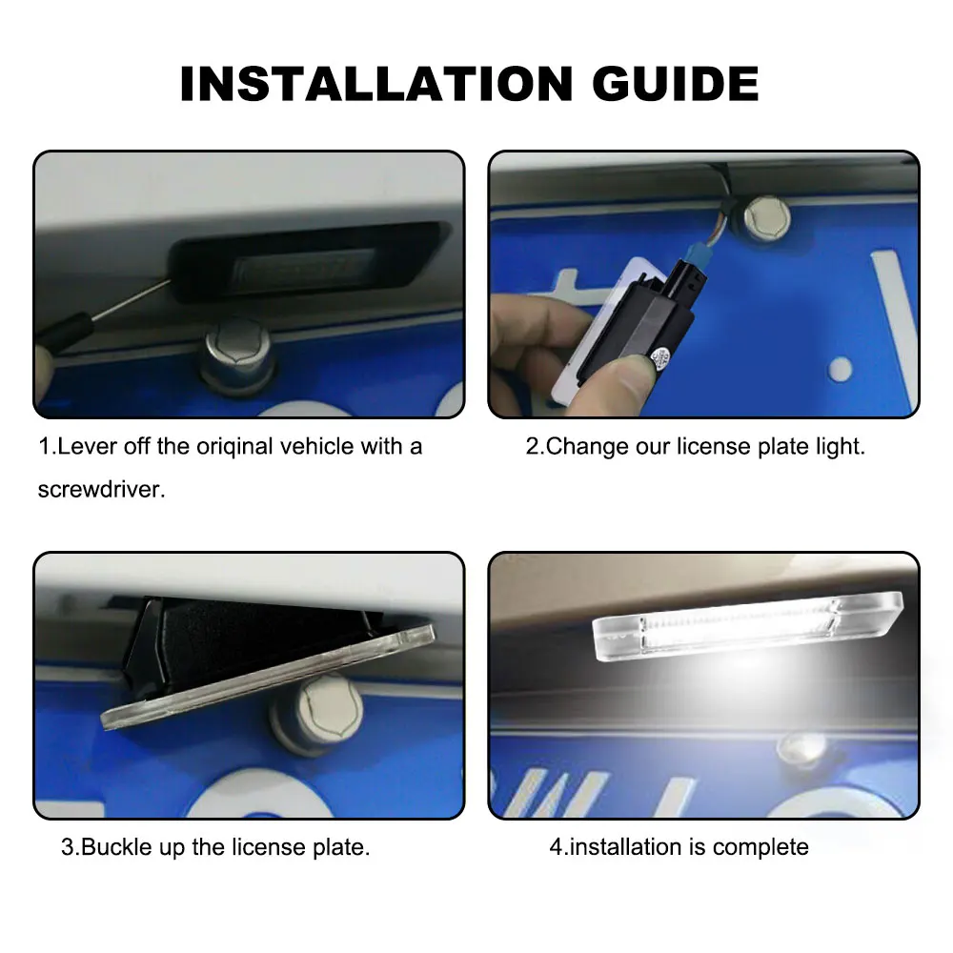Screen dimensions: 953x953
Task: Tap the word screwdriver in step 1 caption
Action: point(101,490)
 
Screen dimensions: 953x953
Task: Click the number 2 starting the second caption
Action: point(532,446)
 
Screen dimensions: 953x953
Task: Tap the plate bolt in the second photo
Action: point(766,218)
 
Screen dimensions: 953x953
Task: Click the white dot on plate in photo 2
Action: point(839,367)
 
